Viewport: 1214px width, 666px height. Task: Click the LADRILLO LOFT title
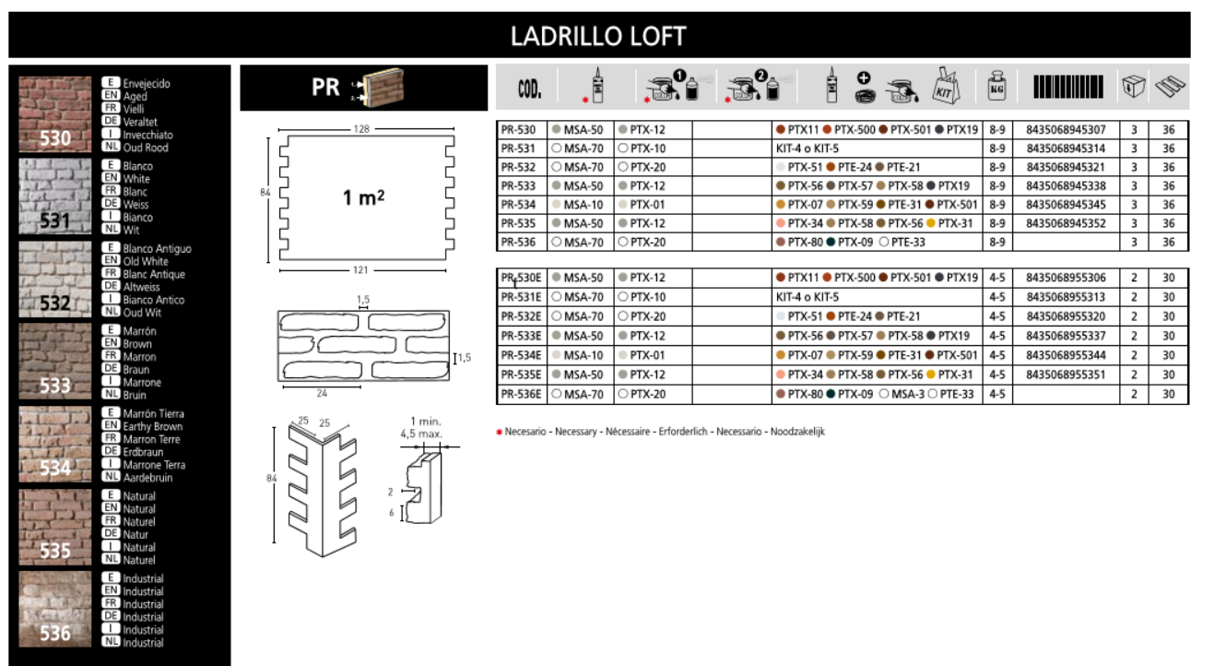[x=598, y=36]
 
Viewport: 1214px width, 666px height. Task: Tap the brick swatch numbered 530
[x=55, y=114]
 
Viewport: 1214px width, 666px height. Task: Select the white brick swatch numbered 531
[x=55, y=196]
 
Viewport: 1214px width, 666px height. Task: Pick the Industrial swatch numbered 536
[x=55, y=609]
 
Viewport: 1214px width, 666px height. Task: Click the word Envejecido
[x=147, y=84]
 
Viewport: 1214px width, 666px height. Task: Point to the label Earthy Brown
[x=152, y=426]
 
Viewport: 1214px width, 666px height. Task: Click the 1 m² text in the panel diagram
[x=364, y=197]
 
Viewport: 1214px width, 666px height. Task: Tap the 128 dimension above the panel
[x=361, y=129]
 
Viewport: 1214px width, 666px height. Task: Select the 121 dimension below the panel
[x=360, y=270]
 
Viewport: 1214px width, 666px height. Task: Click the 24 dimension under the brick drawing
[x=322, y=393]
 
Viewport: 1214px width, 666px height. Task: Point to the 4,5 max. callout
[x=421, y=434]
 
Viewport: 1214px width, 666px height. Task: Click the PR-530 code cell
[x=518, y=130]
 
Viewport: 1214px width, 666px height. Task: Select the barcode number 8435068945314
[x=1066, y=149]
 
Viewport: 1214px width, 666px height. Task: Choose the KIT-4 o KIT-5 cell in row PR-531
[x=807, y=149]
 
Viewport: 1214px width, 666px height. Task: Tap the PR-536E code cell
[x=521, y=394]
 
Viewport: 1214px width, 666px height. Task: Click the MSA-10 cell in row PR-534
[x=583, y=205]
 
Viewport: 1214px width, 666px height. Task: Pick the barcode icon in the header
[x=1067, y=87]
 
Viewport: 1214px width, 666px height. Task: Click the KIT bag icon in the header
[x=946, y=86]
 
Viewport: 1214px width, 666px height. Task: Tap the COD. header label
[x=529, y=89]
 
